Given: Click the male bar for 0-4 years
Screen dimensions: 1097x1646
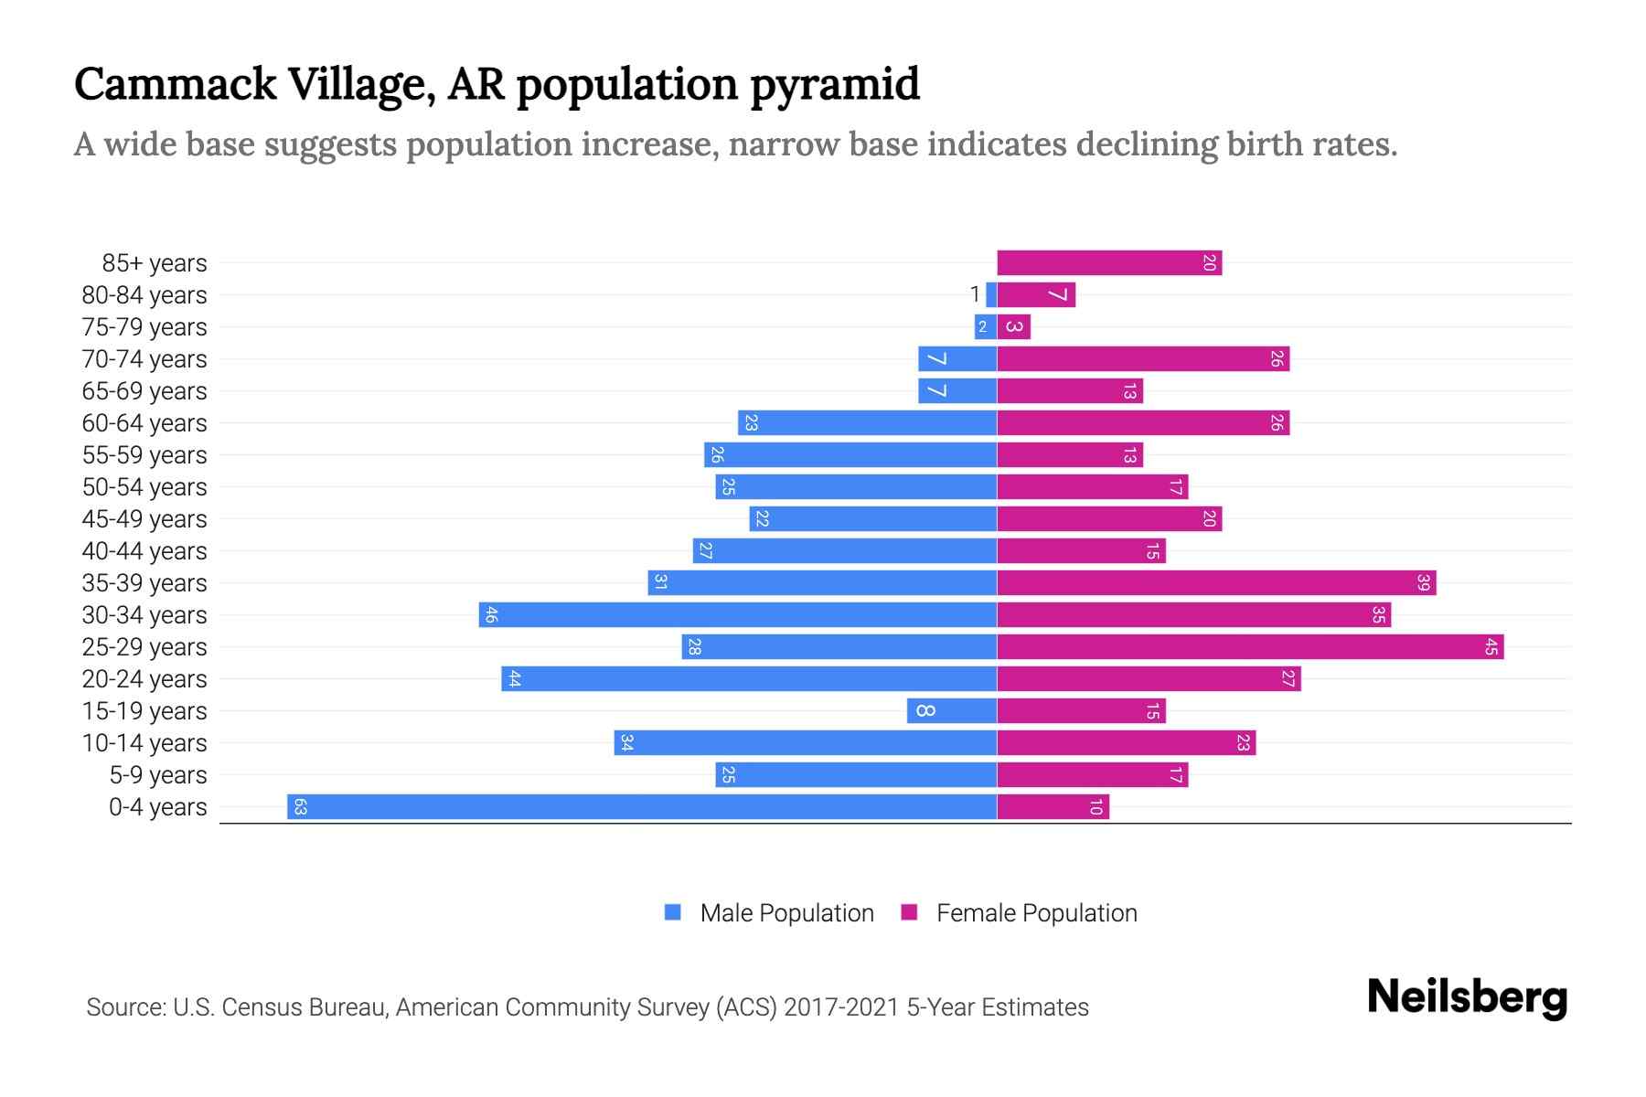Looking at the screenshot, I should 640,806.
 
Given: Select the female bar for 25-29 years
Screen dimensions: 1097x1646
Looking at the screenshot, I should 1249,647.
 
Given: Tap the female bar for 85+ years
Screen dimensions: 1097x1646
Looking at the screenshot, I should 1108,263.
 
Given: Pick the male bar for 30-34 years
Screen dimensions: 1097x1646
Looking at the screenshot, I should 737,614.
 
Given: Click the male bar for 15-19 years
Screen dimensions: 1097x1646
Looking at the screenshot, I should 951,711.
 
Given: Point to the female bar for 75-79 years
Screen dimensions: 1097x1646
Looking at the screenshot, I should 1013,327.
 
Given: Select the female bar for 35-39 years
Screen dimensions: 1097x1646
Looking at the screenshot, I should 1216,583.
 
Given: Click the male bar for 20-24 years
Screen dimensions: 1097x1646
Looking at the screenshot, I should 748,678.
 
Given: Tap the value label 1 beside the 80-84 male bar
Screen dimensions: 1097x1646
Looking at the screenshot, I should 975,294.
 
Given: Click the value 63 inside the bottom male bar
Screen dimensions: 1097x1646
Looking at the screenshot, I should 300,806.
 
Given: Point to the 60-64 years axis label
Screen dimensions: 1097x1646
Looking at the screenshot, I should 144,423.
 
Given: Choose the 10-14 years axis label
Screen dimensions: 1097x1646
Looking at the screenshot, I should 144,743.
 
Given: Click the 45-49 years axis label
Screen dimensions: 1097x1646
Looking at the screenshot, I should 144,519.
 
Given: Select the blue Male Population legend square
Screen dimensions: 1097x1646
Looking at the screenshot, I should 673,912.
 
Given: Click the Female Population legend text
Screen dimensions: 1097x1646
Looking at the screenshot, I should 1036,913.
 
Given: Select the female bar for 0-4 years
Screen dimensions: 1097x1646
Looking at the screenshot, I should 1052,806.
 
